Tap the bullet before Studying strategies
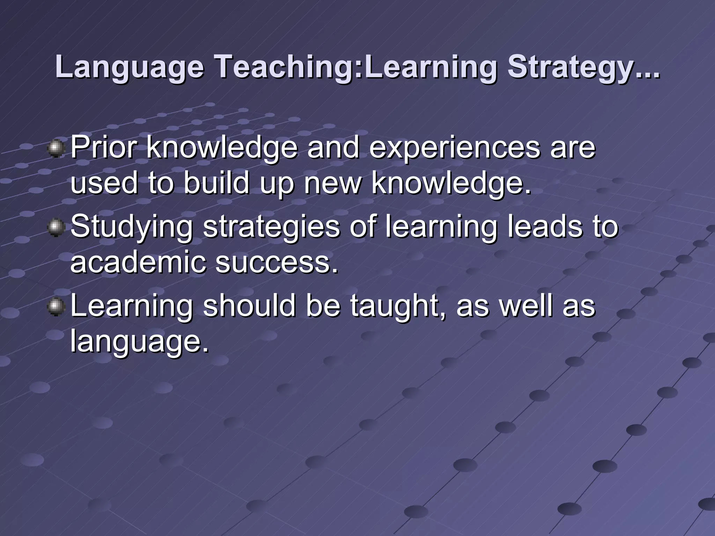pyautogui.click(x=56, y=228)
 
